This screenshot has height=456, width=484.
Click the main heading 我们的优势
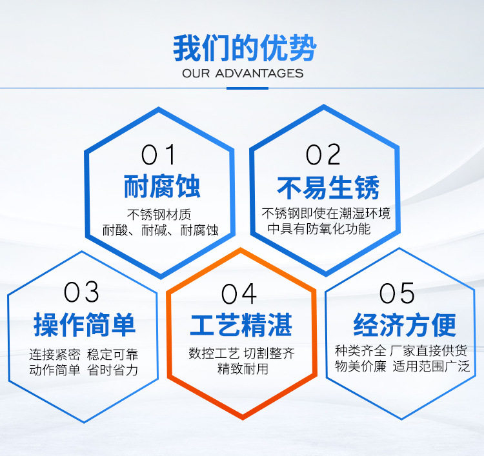click(245, 48)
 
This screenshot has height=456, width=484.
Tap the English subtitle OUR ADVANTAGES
click(243, 74)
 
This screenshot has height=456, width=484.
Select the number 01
click(158, 154)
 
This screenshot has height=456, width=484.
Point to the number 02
click(323, 154)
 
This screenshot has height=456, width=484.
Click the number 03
click(81, 292)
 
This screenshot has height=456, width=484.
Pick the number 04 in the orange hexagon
click(239, 293)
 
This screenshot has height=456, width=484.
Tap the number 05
click(397, 293)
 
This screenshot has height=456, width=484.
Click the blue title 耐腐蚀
click(162, 186)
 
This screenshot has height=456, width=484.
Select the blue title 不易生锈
click(328, 188)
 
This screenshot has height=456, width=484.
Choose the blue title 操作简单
click(85, 324)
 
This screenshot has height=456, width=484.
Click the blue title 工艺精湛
click(241, 325)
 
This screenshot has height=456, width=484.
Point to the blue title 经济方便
click(405, 325)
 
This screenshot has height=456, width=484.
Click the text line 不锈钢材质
click(159, 214)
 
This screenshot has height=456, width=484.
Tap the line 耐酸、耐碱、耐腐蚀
click(161, 230)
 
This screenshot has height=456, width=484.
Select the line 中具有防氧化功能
click(319, 228)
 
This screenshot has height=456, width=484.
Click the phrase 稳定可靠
click(112, 354)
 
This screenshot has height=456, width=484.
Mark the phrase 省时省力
click(112, 370)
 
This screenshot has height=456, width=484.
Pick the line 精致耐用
click(243, 369)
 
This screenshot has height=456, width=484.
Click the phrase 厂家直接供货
click(429, 351)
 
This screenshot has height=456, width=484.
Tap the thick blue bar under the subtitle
click(247, 88)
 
